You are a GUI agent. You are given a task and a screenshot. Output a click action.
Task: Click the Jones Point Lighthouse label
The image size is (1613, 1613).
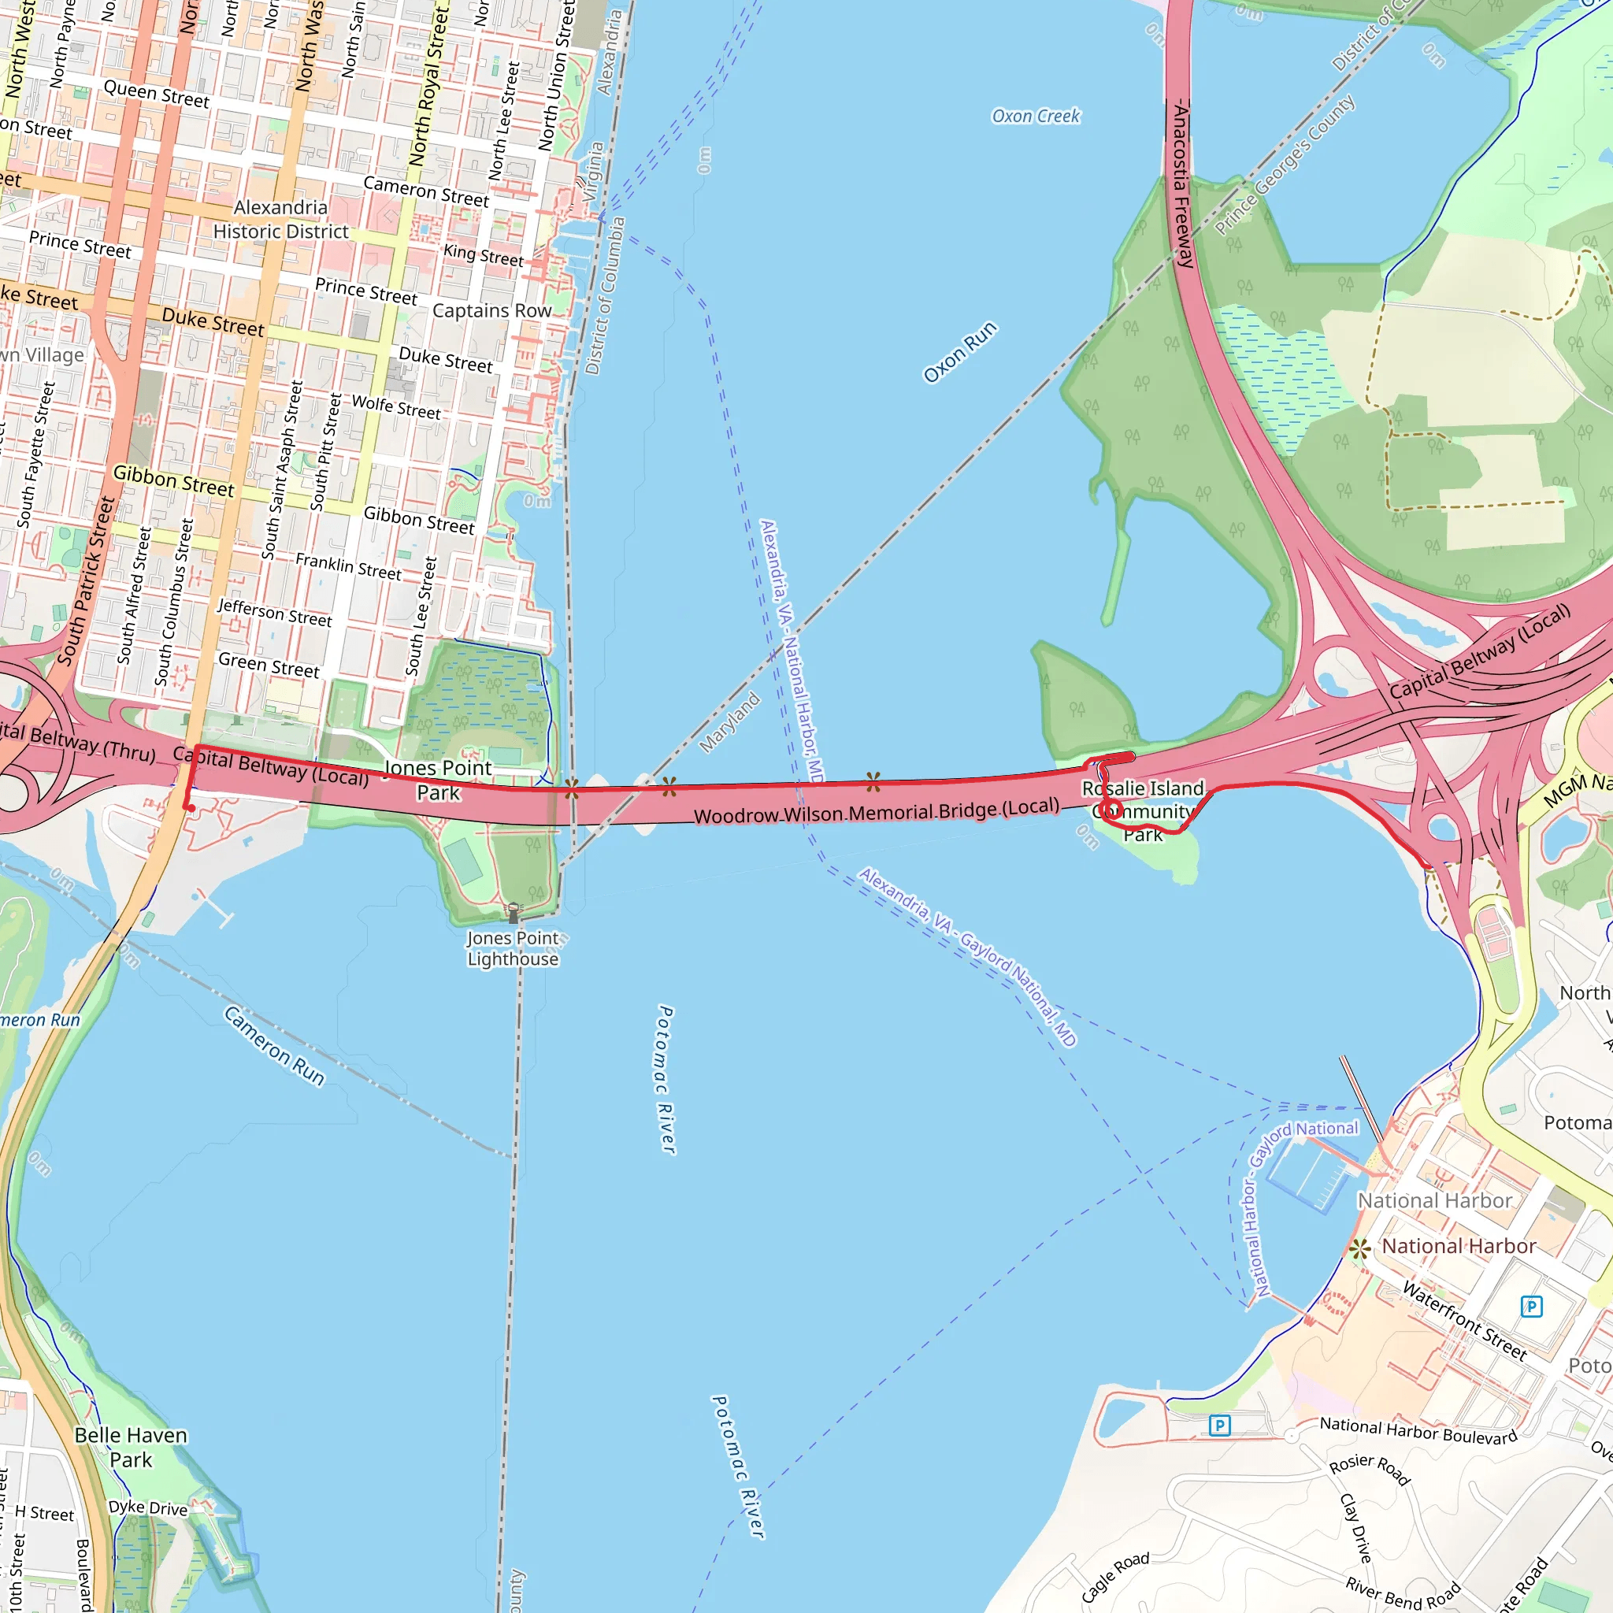pos(513,948)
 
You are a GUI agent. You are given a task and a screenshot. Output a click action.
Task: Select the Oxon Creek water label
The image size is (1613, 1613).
pos(1035,116)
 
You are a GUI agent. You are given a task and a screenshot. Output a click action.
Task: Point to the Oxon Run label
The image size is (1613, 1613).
pos(959,352)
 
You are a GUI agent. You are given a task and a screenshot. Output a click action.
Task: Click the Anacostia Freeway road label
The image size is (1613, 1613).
pos(1181,184)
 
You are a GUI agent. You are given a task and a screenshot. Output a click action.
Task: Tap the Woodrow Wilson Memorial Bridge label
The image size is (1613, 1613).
pos(877,811)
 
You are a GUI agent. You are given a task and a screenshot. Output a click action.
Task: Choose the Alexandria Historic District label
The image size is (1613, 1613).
pos(280,220)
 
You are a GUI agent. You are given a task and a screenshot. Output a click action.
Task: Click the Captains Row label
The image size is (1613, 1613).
pos(491,310)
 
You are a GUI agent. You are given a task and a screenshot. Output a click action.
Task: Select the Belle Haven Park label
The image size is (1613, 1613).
pos(130,1447)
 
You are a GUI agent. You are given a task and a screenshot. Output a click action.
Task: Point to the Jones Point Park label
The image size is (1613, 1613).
pos(439,780)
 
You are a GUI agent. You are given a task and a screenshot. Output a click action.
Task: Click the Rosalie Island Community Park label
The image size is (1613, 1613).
pos(1143,810)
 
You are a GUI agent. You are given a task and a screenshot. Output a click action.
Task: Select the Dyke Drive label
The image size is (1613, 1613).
pos(148,1507)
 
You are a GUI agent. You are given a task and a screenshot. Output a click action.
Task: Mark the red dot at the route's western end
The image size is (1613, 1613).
pos(191,808)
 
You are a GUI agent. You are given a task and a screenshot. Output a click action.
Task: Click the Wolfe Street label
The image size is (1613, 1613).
pos(395,407)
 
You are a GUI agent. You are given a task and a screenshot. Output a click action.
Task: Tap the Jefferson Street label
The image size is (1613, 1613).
pos(275,613)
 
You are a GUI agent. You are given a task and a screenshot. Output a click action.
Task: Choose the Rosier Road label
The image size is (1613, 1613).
pos(1369,1469)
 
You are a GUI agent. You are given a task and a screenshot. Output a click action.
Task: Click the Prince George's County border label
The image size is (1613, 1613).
pos(1285,165)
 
